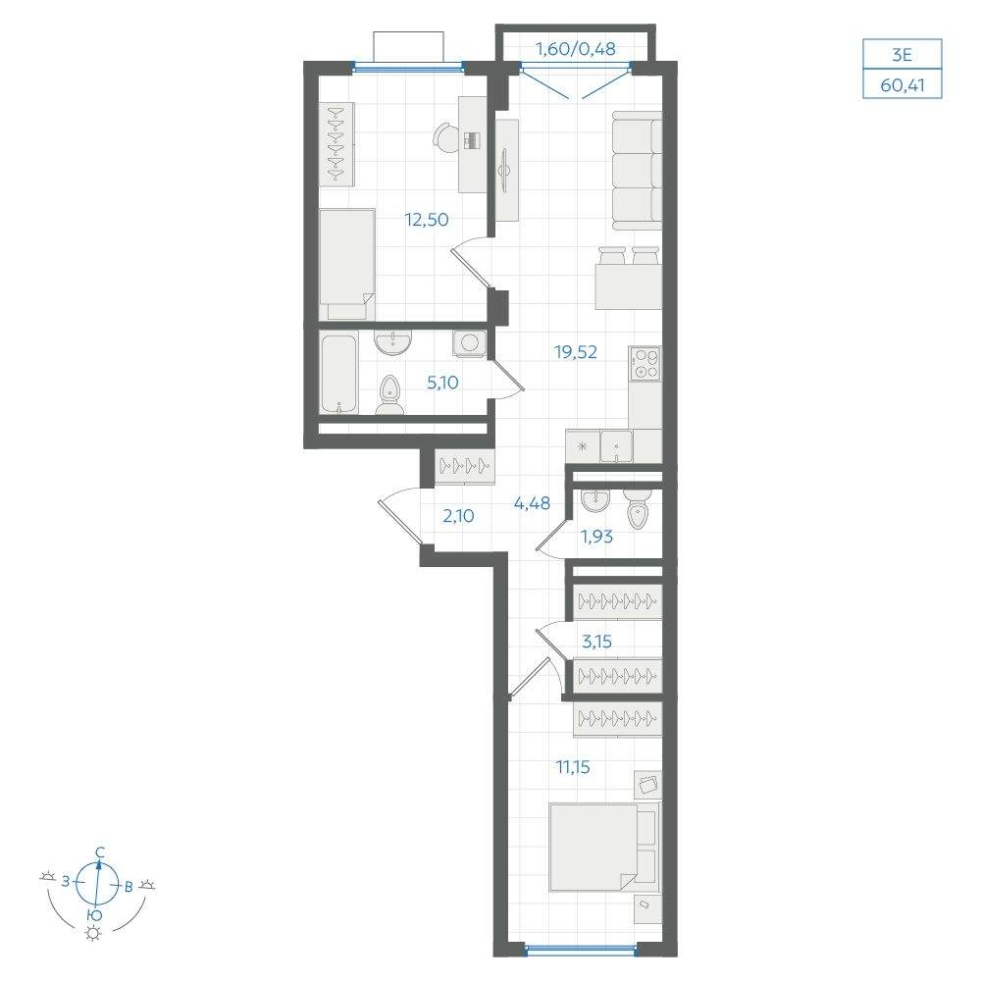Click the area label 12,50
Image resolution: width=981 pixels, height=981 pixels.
pyautogui.click(x=427, y=220)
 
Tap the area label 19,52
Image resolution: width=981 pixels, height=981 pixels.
pyautogui.click(x=576, y=352)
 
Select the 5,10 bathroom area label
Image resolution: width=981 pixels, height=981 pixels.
pyautogui.click(x=442, y=383)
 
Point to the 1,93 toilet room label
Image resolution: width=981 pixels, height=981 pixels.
pyautogui.click(x=596, y=537)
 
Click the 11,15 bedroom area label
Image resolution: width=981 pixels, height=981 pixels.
pyautogui.click(x=573, y=766)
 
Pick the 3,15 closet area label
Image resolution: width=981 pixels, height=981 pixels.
pyautogui.click(x=596, y=642)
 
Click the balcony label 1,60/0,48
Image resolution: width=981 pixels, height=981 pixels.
pyautogui.click(x=576, y=48)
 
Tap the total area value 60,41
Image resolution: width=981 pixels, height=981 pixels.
pyautogui.click(x=903, y=85)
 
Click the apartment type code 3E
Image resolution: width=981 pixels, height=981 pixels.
pyautogui.click(x=903, y=55)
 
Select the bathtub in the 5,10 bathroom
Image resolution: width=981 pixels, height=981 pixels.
pyautogui.click(x=339, y=373)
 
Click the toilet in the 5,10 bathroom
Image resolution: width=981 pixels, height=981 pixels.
pyautogui.click(x=389, y=396)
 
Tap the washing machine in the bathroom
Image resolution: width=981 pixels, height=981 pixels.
pyautogui.click(x=470, y=342)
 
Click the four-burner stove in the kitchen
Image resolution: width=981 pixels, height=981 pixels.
pyautogui.click(x=645, y=364)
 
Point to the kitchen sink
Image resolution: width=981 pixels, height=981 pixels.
pyautogui.click(x=616, y=446)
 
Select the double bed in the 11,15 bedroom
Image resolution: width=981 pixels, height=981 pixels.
pyautogui.click(x=603, y=848)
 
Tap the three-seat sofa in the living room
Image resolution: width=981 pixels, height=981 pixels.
pyautogui.click(x=637, y=171)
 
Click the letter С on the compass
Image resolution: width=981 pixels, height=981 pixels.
pyautogui.click(x=99, y=852)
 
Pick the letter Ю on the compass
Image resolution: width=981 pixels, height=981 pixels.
pyautogui.click(x=94, y=915)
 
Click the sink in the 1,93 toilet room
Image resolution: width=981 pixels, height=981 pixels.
pyautogui.click(x=595, y=500)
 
